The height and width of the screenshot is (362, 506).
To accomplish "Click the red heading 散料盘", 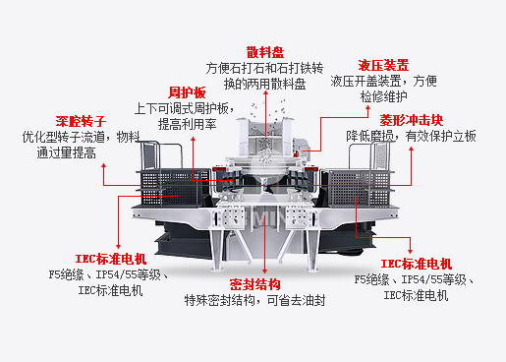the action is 265,52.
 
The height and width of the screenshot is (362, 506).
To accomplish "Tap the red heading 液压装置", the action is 383,65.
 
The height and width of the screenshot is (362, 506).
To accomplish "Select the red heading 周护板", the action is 187,92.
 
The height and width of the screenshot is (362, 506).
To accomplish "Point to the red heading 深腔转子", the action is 81,121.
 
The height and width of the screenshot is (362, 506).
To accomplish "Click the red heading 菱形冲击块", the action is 412,120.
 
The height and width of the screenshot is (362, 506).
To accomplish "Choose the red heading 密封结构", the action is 254,284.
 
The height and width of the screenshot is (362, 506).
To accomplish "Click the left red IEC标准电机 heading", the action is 111,259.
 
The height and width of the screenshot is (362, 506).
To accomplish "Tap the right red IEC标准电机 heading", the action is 417,264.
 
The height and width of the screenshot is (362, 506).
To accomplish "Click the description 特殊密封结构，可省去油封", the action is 254,300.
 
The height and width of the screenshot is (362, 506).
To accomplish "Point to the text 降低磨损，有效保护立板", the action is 412,136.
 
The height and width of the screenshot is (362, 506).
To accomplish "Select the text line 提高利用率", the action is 187,124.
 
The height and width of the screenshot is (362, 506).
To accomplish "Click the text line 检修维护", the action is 383,96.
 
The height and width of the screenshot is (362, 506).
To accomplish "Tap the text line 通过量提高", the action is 67,152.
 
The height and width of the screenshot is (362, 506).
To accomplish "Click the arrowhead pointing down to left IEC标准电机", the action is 118,246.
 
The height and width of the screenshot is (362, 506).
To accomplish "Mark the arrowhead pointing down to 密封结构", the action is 264,271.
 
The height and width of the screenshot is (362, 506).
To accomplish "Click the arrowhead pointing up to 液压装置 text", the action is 367,107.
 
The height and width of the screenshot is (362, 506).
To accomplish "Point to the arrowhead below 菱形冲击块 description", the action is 412,149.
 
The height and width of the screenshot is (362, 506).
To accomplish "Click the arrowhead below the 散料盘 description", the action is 265,93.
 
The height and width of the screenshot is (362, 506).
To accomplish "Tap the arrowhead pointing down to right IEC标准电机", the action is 410,251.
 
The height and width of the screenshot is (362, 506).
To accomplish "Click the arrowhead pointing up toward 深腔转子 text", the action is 104,166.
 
